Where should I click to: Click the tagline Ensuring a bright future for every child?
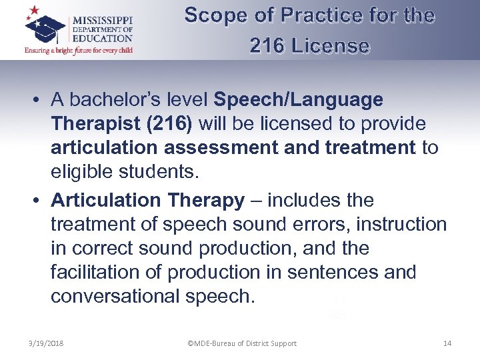79,51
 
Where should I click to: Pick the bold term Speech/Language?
298,100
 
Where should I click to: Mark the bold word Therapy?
209,200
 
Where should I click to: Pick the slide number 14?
447,343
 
